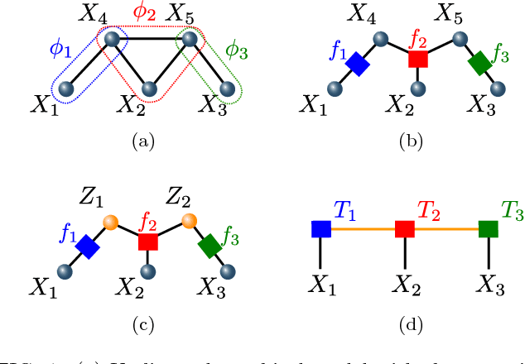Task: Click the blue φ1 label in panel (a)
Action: click(x=59, y=49)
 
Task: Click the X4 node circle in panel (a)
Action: click(x=109, y=38)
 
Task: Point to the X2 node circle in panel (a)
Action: click(x=149, y=89)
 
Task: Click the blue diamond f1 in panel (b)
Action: click(x=358, y=64)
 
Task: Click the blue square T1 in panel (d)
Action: click(x=321, y=228)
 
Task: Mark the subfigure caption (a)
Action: click(x=144, y=141)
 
